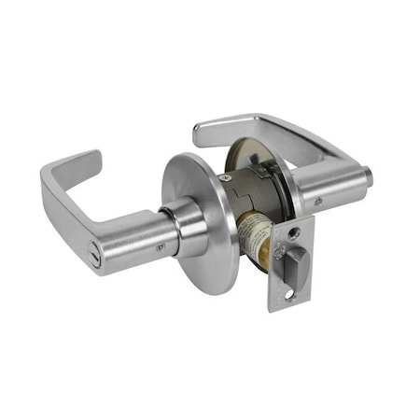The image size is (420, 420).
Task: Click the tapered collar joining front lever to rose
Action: click(187, 227)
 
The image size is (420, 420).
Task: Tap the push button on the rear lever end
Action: click(368, 175)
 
